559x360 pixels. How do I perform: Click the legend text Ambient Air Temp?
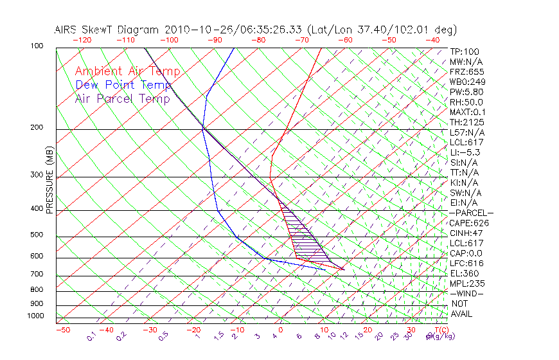(x=127, y=72)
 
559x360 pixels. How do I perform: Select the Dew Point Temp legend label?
(x=123, y=85)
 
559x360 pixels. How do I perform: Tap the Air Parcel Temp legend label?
(x=122, y=99)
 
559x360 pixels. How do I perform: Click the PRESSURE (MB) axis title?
(x=49, y=180)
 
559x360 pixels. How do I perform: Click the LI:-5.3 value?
(x=465, y=152)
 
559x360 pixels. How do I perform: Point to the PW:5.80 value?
(x=466, y=92)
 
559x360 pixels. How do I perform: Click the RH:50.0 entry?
(x=466, y=102)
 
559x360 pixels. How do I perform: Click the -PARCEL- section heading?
(x=471, y=213)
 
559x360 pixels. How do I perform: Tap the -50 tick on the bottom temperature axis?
(x=63, y=330)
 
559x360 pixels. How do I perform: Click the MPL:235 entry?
(x=466, y=283)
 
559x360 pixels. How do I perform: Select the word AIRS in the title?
(x=67, y=30)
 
